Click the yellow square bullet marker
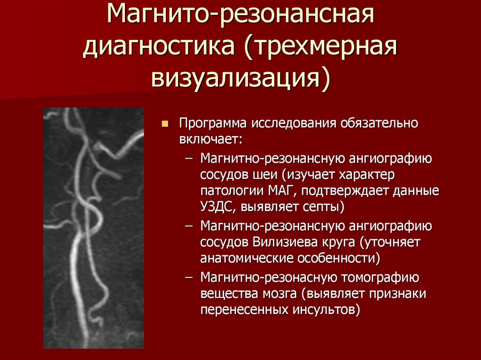[x=164, y=124]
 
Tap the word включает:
[x=210, y=139]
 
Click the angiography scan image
[x=93, y=228]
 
